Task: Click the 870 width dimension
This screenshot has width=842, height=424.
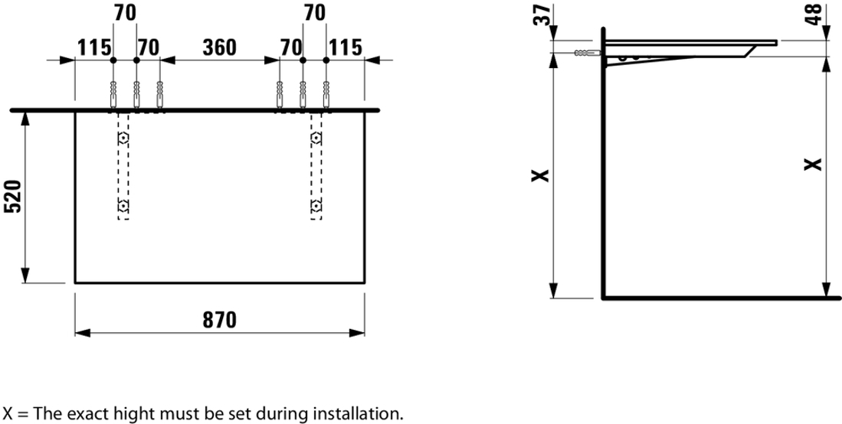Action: tap(220, 320)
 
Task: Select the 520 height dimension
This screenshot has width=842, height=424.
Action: tap(12, 197)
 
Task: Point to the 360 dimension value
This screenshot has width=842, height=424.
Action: tap(220, 47)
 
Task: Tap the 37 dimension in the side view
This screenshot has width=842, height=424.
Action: tap(543, 15)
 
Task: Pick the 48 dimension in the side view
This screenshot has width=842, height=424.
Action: tap(814, 15)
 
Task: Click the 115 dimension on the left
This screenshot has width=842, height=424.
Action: tap(94, 47)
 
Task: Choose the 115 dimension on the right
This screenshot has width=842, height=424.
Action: tap(346, 47)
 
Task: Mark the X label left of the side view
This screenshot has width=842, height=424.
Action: tap(541, 175)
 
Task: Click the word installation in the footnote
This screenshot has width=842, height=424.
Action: tap(358, 414)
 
